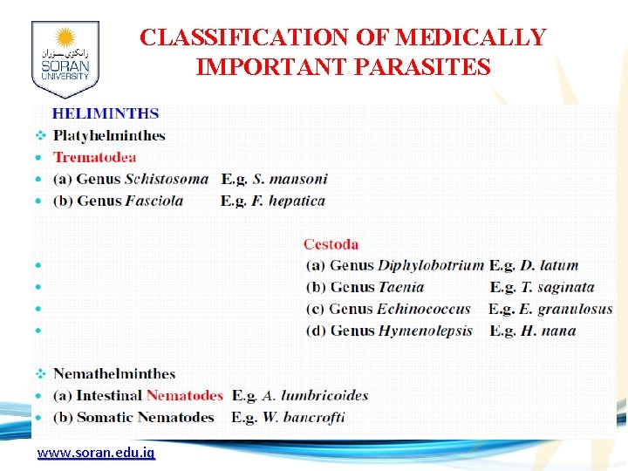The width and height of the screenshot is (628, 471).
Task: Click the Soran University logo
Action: tap(65, 59)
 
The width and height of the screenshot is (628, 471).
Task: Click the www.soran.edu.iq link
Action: tap(95, 454)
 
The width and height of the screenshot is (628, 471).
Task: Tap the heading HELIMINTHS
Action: tap(106, 113)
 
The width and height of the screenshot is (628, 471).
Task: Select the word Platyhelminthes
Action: tap(109, 135)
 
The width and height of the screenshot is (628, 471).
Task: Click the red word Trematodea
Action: tap(95, 157)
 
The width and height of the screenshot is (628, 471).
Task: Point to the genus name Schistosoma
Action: tap(167, 179)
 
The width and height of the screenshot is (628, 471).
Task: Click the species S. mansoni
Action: tap(290, 179)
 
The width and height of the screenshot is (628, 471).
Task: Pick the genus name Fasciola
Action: tap(154, 201)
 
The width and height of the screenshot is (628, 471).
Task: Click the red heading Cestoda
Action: tap(331, 244)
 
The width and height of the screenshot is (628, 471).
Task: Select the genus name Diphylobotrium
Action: tap(431, 265)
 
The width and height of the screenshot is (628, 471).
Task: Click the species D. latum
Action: tap(549, 265)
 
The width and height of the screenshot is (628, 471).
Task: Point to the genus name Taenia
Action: tap(401, 287)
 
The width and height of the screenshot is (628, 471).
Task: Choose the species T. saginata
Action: tap(558, 287)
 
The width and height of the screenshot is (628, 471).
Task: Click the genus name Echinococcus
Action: tap(424, 309)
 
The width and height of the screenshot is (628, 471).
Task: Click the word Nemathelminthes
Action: tap(114, 373)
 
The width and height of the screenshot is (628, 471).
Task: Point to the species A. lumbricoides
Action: tap(313, 395)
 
